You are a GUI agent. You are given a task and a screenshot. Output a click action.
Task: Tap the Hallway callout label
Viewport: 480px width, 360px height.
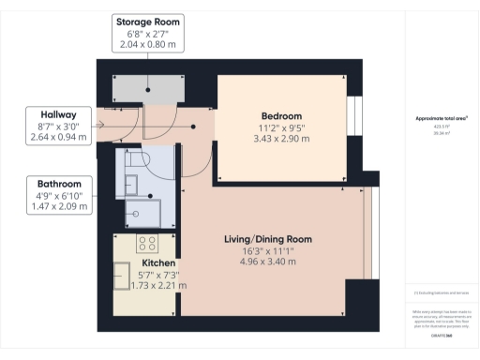coord(58,126)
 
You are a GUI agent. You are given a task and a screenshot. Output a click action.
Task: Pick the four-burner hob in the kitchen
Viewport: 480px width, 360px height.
coord(147,244)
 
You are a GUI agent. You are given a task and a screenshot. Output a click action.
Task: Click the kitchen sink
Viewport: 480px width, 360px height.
coord(123,277)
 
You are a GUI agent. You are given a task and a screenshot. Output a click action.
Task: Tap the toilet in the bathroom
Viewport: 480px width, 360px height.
coord(141,160)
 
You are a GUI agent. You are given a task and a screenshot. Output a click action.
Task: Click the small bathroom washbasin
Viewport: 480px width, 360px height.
coord(131,183)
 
